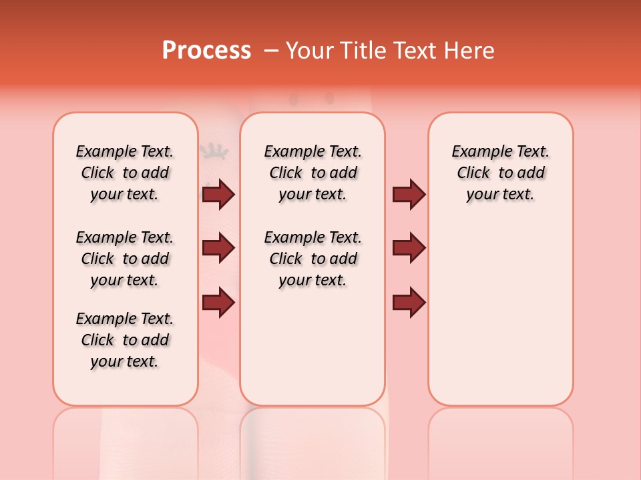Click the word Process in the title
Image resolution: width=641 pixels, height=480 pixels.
206,51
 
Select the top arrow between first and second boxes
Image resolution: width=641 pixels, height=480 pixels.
218,194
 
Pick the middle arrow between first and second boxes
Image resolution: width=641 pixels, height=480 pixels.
218,248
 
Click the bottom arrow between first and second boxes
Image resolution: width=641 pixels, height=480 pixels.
218,302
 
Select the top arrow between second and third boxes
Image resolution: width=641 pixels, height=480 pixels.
409,194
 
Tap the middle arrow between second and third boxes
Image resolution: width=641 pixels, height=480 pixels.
409,248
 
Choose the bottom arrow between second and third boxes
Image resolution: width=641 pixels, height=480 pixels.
409,302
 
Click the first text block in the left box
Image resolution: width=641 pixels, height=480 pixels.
125,173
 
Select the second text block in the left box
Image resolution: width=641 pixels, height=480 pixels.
125,259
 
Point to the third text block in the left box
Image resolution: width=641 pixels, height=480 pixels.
125,340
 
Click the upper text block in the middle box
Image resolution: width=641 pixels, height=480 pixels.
312,173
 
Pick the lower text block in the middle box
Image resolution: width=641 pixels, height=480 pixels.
312,259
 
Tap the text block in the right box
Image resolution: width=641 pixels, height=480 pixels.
500,173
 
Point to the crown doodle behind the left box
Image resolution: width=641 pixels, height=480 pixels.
213,151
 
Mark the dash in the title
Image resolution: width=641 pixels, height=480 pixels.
271,51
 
